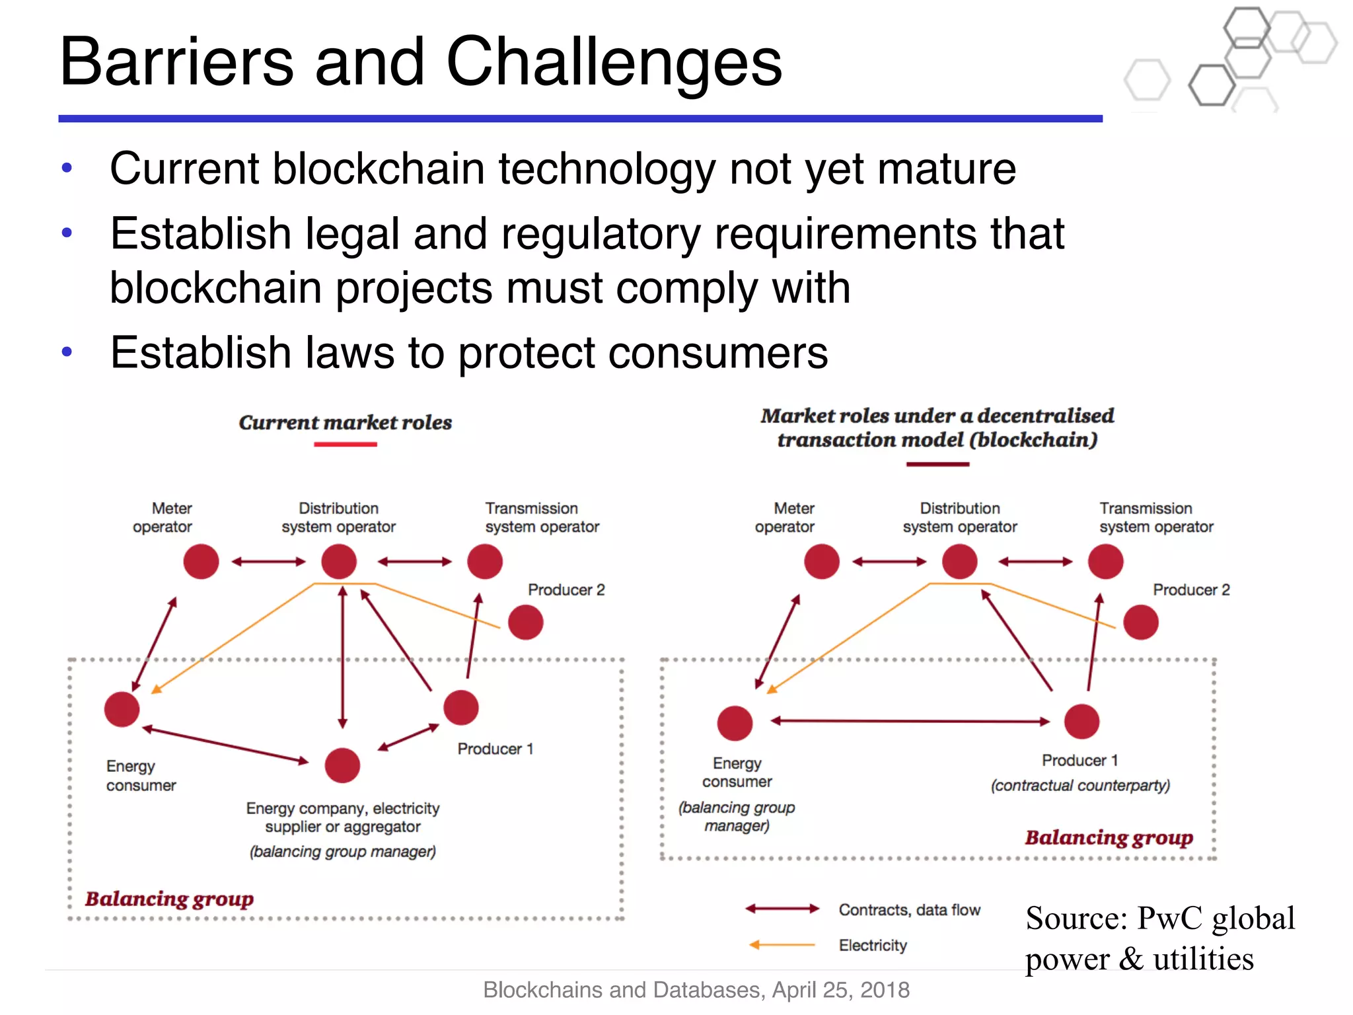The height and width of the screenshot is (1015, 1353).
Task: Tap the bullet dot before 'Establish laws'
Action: click(x=66, y=352)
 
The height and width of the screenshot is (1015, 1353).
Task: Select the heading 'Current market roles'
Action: click(x=345, y=422)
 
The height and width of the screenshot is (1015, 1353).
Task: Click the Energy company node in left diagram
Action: click(x=342, y=765)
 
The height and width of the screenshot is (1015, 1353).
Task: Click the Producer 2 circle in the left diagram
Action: click(x=526, y=622)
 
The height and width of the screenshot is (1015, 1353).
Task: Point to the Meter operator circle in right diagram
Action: click(x=822, y=562)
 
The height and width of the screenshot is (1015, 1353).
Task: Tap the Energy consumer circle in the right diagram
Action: click(x=735, y=723)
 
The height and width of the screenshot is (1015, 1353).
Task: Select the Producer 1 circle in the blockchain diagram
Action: click(x=1081, y=721)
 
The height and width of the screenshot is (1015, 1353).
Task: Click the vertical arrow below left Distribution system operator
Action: click(x=342, y=658)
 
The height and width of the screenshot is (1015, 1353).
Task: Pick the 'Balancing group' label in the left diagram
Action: click(x=169, y=899)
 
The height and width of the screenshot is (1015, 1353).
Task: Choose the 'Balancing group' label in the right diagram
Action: click(x=1109, y=837)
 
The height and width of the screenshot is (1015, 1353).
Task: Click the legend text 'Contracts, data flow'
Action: click(x=909, y=910)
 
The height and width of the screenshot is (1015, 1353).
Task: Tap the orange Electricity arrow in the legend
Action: click(x=782, y=945)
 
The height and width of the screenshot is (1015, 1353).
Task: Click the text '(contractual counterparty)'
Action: click(x=1080, y=785)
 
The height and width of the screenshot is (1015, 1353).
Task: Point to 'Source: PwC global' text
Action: click(x=1159, y=919)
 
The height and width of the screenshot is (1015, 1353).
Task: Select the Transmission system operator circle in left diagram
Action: click(x=485, y=562)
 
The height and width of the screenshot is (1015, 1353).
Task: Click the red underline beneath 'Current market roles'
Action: click(x=345, y=445)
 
